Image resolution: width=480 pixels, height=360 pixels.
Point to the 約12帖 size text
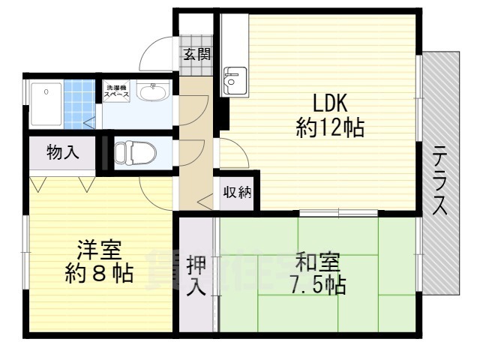point(330,129)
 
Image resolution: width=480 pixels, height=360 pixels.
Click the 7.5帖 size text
point(317,285)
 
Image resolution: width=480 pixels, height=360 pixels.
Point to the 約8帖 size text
point(98,274)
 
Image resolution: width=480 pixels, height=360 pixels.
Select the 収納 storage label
point(236,193)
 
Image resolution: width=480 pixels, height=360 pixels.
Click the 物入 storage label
point(62,153)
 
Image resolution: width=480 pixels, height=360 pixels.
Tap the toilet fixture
point(136,152)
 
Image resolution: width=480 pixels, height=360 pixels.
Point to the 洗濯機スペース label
point(117,90)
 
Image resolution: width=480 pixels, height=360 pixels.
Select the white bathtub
point(46,103)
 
